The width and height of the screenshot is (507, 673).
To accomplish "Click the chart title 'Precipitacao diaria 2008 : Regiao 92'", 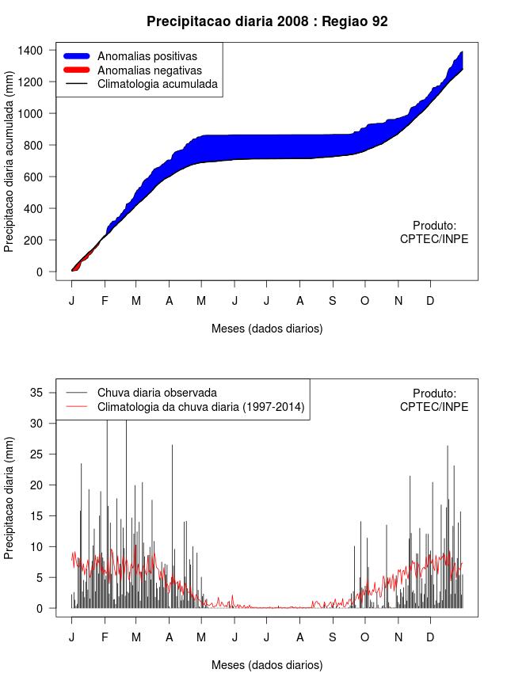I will click(x=267, y=21).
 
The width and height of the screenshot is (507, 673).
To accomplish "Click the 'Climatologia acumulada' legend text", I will click(x=157, y=84).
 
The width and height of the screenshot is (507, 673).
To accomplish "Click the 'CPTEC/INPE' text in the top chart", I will click(x=434, y=239).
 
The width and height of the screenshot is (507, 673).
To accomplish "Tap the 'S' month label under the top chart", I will click(x=333, y=301).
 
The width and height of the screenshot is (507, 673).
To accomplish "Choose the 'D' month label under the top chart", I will click(x=430, y=301).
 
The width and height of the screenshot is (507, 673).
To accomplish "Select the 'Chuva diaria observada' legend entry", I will click(x=157, y=393).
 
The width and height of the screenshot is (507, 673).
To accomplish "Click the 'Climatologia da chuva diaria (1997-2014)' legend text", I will click(x=200, y=407).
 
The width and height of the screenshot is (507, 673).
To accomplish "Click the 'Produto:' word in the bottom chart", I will click(x=434, y=394).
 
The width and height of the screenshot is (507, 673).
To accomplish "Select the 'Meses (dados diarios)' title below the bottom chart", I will click(x=267, y=665).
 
